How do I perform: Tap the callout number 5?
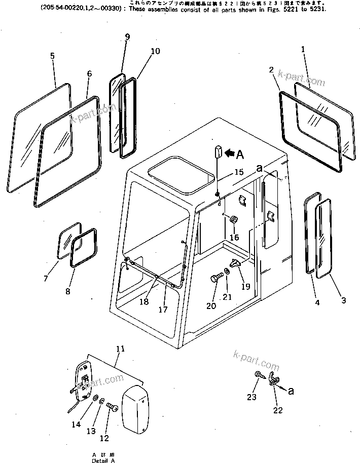click(52, 56)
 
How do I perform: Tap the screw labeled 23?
click(259, 376)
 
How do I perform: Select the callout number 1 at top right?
click(303, 49)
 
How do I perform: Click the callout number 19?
click(246, 286)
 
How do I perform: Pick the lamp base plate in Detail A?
click(82, 377)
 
